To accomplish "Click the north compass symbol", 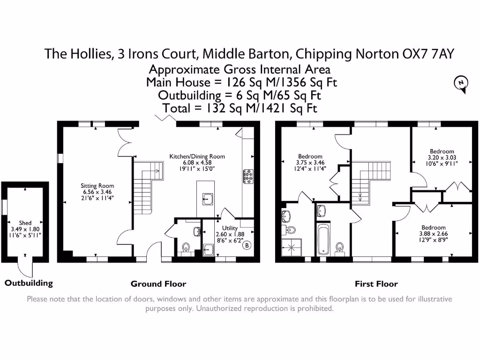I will pos(461,83).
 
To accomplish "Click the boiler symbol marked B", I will pos(247,245).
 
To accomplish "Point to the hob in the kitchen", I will pos(247,175).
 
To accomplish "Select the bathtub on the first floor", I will pos(324,239).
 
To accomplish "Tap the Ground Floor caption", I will pos(158,284).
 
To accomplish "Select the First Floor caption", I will pos(376,284).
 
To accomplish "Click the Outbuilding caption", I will pos(29,283).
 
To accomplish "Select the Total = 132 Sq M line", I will pos(240,108).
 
